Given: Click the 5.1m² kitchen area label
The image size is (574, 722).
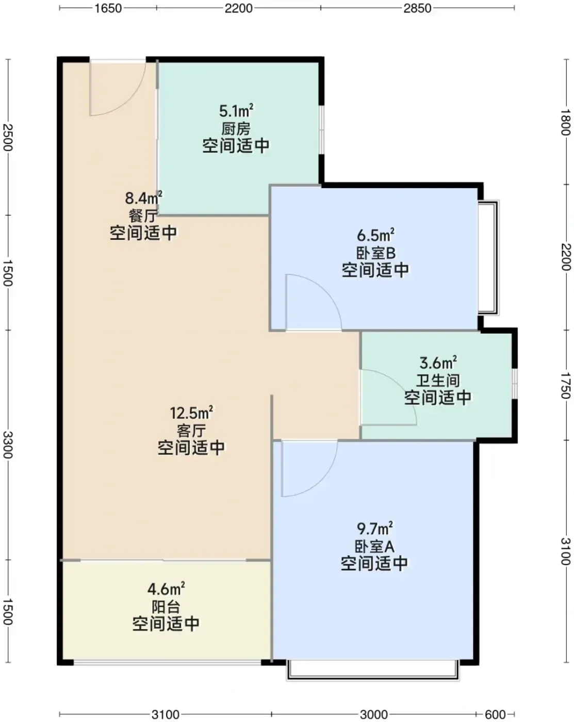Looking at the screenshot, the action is [236, 111].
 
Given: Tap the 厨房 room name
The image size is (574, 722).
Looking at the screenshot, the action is [236, 129].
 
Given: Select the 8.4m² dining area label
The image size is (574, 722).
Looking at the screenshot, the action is [143, 198].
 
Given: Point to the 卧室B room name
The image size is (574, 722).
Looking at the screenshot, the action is [376, 253].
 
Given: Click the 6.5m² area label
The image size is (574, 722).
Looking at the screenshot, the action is [375, 235].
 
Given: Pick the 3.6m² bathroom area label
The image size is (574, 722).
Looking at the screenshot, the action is [438, 363].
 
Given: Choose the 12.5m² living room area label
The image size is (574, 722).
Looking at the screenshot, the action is [191, 413].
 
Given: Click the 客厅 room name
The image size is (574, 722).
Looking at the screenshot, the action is [191, 431].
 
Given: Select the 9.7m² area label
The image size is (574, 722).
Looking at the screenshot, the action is [375, 529].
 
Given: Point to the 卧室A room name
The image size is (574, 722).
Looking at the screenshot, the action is [375, 547].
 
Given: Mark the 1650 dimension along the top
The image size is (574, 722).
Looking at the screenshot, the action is [108, 8].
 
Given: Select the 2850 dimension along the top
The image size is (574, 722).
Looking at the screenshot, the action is [417, 8].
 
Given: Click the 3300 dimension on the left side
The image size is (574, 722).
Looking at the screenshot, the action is [8, 445].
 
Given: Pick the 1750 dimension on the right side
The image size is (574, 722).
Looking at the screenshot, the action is [566, 385].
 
